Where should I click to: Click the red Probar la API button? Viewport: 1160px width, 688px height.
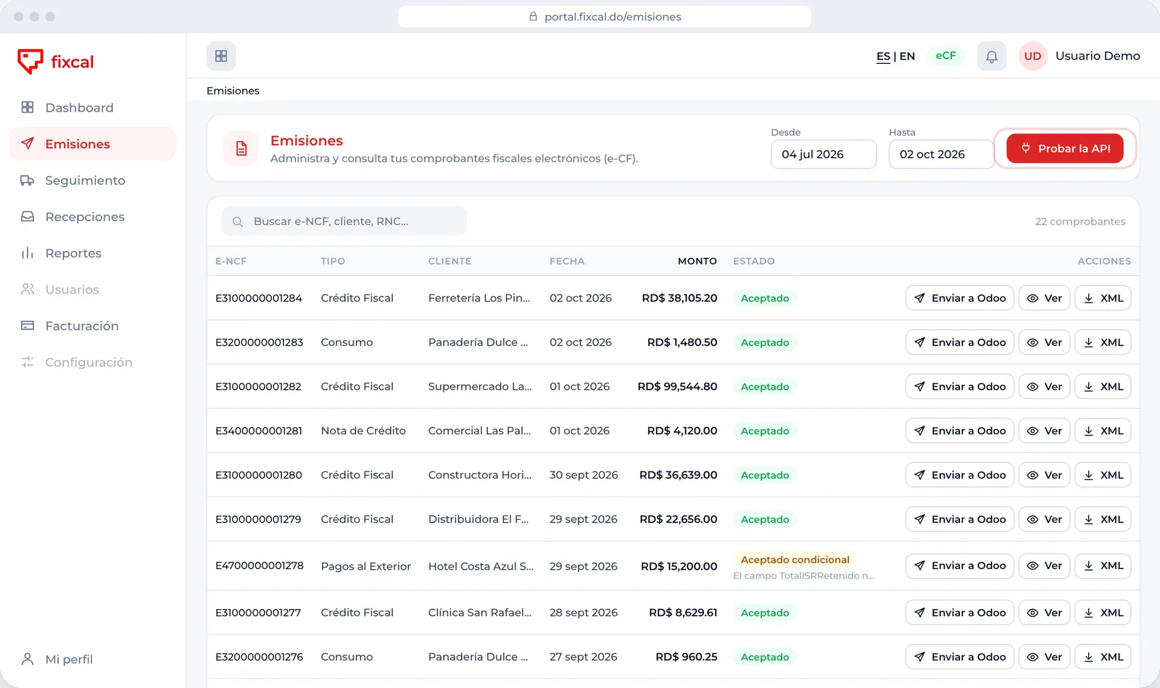(x=1065, y=149)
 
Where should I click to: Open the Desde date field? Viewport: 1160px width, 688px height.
(x=824, y=154)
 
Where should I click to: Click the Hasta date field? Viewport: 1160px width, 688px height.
(x=941, y=154)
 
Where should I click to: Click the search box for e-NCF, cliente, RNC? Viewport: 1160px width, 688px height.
(x=344, y=221)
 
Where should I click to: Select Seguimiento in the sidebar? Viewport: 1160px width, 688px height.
(x=85, y=180)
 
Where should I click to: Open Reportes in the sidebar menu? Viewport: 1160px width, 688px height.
(x=73, y=253)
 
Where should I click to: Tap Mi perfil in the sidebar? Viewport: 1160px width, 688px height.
(x=69, y=659)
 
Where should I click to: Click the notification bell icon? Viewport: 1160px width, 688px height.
(x=992, y=56)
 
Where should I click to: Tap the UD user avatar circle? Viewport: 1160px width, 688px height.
(x=1032, y=56)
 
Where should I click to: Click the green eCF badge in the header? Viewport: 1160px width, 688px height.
(x=945, y=56)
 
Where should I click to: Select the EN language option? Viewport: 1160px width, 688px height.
(x=907, y=56)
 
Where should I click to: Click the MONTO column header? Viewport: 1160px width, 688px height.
(x=697, y=261)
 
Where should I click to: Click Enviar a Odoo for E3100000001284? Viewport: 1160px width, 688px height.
(x=960, y=298)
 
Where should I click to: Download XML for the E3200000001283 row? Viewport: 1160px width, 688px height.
(x=1103, y=342)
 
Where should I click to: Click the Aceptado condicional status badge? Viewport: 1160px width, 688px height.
(x=795, y=560)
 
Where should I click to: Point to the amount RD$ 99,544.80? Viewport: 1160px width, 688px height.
(x=677, y=386)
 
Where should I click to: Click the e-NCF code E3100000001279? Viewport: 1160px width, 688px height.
(x=258, y=519)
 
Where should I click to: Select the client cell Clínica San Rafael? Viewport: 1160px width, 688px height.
(x=479, y=613)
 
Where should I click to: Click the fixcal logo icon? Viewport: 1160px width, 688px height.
(x=30, y=61)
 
